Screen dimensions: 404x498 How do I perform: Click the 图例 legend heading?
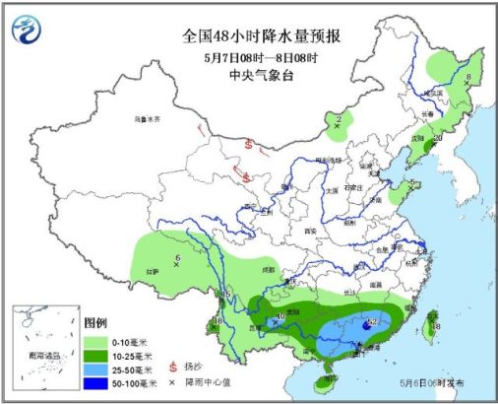coord(95,322)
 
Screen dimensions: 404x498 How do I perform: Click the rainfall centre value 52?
coord(372,322)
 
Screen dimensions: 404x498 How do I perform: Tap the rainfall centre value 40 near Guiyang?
coord(281,317)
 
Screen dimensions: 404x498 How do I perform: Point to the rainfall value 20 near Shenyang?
coord(437,139)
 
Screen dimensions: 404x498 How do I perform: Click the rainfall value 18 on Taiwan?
coord(435,326)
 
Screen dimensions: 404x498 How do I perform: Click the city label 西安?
coord(313,231)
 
